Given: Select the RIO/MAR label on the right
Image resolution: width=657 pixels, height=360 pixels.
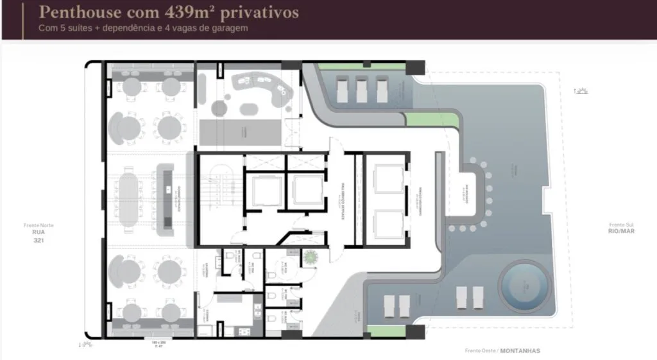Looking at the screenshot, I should [x=622, y=231].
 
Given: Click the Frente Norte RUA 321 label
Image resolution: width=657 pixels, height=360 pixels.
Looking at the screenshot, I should [x=38, y=234].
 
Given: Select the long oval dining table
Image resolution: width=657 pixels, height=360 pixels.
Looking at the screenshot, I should [x=130, y=198].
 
